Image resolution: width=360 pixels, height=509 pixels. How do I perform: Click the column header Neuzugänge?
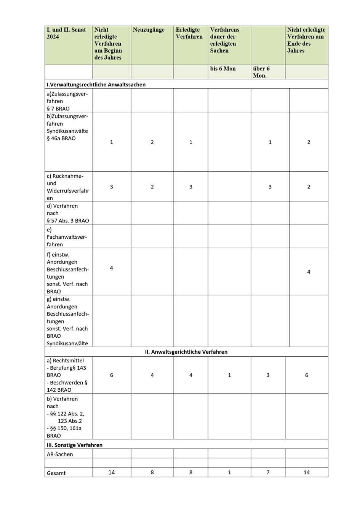point(149,30)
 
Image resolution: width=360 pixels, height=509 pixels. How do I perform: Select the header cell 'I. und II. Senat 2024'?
point(66,34)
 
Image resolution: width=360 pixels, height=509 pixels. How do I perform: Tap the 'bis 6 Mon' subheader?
point(223,69)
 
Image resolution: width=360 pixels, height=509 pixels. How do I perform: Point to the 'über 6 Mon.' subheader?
point(261,72)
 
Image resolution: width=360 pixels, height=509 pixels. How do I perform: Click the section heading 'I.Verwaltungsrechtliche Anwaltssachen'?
point(96,85)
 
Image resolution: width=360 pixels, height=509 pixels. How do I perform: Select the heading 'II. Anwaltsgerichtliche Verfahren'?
point(186,352)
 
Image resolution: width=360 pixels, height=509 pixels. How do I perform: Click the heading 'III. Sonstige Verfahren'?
point(75,445)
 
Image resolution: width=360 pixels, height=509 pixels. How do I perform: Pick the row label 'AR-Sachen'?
point(60,454)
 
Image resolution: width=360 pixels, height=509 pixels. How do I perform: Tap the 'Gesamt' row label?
point(56,473)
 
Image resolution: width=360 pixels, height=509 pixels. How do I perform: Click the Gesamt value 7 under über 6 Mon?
point(268,472)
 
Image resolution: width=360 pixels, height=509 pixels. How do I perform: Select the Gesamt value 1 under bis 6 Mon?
point(229,472)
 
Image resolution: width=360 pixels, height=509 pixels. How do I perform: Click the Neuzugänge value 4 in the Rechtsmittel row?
point(152,375)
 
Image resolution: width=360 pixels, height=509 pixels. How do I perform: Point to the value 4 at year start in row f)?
point(111,268)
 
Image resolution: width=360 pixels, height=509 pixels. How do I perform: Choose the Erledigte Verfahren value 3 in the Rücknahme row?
point(191,187)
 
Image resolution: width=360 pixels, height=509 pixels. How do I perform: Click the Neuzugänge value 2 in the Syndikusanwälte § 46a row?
point(152,142)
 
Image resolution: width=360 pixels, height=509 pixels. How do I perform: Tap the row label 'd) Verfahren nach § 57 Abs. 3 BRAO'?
point(67,213)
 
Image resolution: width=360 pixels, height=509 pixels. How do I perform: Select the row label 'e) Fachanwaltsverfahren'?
point(67,237)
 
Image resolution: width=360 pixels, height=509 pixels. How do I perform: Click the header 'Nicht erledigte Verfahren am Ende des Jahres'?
point(306,40)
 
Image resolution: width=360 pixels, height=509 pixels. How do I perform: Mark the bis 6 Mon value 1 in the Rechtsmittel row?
point(229,375)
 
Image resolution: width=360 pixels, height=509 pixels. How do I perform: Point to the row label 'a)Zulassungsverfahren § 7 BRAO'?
point(67,101)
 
